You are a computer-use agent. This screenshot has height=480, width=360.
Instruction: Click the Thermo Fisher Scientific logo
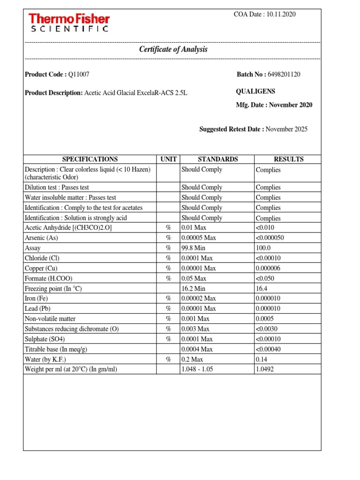(x=69, y=23)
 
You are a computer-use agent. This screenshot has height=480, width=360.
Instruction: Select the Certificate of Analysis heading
(x=173, y=49)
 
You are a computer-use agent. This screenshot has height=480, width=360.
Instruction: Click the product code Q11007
(x=79, y=74)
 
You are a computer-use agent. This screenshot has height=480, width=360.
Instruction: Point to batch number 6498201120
(x=284, y=74)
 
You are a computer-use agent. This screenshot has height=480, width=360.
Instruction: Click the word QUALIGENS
(x=255, y=91)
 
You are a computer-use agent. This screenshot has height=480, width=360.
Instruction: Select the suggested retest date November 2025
(x=286, y=129)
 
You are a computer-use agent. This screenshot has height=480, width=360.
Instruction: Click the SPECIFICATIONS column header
(x=90, y=159)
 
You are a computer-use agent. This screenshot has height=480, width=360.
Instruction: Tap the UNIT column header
(x=168, y=159)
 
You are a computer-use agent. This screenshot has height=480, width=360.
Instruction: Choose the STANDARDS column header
(x=217, y=159)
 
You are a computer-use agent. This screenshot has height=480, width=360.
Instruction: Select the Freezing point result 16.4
(x=262, y=289)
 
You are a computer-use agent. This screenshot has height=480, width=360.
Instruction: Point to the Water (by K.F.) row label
(x=45, y=360)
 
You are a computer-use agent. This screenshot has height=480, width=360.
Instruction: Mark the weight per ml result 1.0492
(x=265, y=369)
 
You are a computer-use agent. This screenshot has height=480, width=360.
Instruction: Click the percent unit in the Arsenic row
(x=169, y=238)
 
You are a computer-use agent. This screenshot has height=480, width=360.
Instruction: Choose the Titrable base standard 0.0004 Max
(x=197, y=349)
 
